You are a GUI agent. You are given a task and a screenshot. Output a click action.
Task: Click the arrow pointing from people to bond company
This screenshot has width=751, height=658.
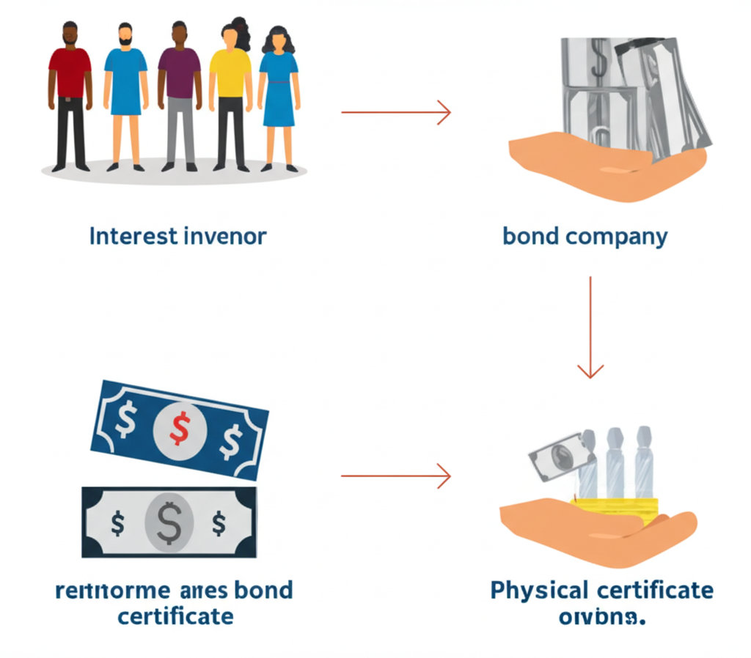coord(395,113)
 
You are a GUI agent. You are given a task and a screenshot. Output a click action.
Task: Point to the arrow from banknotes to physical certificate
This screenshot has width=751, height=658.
coord(395,476)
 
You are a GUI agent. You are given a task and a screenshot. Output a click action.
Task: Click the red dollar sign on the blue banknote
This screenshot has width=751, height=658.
coord(178,428)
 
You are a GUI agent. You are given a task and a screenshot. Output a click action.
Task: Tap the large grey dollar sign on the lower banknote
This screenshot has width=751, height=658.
coord(169,522)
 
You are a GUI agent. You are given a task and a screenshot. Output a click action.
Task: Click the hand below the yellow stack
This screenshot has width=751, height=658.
coord(594,531)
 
